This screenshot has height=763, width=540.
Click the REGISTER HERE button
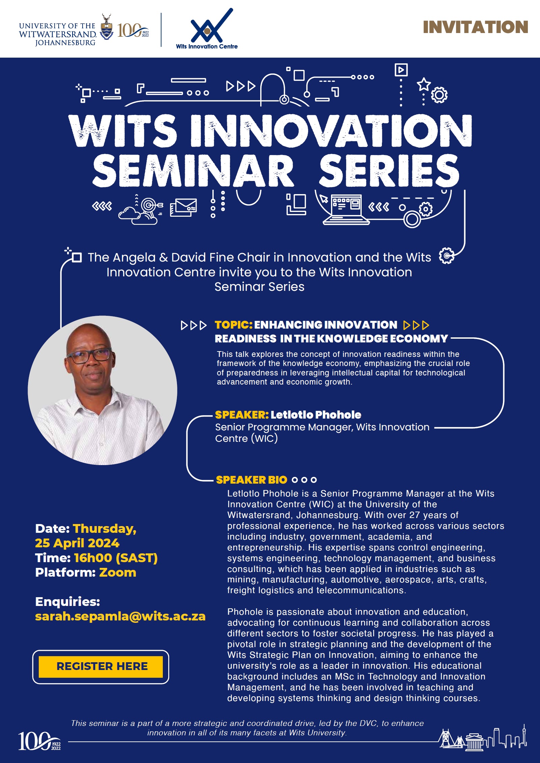101,667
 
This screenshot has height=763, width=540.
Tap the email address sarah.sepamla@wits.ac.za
120,616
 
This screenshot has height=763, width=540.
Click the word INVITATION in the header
475,27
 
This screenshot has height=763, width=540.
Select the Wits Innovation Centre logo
207,29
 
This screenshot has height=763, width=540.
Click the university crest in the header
107,27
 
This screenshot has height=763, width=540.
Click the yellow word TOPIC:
234,325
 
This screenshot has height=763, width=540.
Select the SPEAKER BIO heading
251,480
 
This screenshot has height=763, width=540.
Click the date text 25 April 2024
77,543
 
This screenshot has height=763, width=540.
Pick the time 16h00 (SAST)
116,558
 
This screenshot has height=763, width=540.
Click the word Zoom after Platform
118,573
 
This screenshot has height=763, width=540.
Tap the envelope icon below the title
183,208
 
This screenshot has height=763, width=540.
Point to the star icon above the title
424,84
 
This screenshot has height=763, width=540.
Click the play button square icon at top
401,70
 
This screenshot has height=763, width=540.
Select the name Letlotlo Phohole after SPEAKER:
316,415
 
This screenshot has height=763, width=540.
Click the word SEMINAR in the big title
193,171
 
